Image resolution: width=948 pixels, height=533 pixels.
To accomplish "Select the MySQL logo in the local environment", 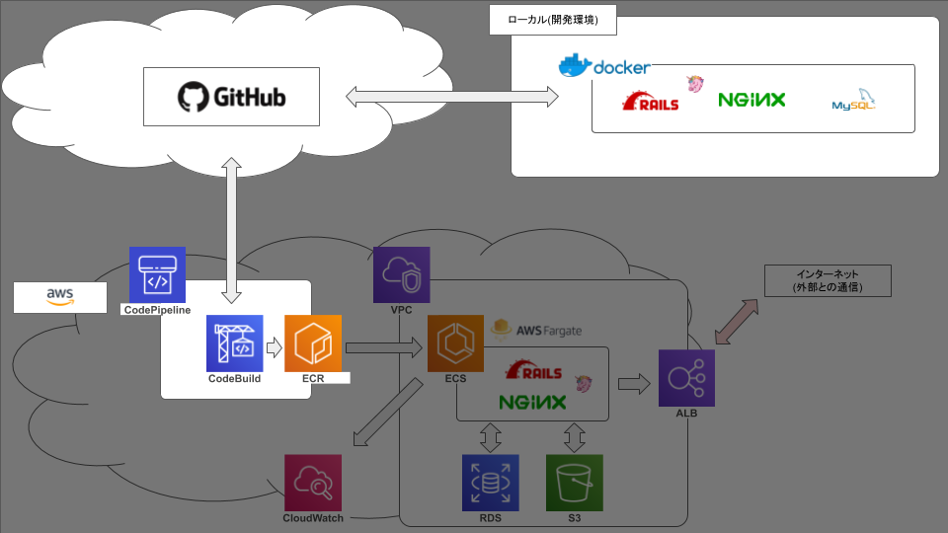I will pos(854,102).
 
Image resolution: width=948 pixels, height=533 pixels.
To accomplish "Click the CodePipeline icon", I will pos(157,274).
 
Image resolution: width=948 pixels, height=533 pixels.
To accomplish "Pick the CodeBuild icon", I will pos(235,343).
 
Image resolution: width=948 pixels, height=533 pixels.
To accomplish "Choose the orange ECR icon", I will pos(313,343).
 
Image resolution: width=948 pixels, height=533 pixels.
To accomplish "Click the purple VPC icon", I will pos(401,274).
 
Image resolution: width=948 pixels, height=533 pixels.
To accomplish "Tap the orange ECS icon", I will pos(455,343).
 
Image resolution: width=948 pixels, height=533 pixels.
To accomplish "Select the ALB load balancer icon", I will pos(686,378).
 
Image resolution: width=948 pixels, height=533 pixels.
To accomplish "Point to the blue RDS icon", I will pos(490,483).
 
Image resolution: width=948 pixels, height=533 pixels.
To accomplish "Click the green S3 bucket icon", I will pos(574,483).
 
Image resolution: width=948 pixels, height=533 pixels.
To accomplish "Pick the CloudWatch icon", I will pos(313,483).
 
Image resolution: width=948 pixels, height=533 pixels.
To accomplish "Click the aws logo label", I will pos(60,296).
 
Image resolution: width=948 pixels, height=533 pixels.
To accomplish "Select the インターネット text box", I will pos(828,281).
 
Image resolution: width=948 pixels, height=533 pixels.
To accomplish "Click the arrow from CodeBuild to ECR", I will pos(274,346).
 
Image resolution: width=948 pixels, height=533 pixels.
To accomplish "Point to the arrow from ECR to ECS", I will pos(384,346).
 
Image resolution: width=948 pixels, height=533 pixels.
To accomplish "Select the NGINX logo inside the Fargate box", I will pos(532,403).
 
